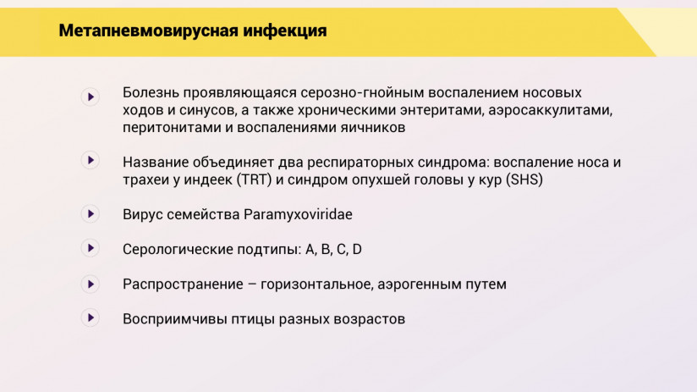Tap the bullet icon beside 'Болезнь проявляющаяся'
coord(91,97)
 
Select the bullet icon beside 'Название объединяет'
coord(91,161)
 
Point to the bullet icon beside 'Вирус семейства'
coord(91,214)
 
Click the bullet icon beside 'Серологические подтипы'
coord(91,249)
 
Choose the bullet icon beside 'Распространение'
coord(91,284)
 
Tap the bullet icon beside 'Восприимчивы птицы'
coord(91,318)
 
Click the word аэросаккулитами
coord(549,110)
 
